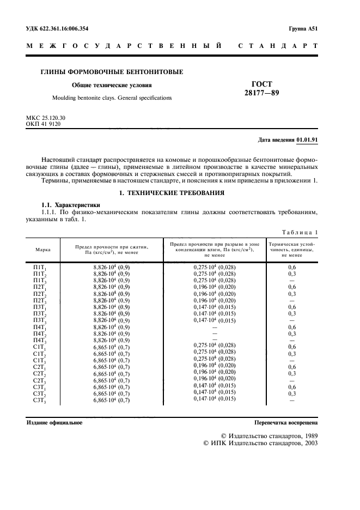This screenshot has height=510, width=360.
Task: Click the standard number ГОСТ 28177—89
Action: click(261, 88)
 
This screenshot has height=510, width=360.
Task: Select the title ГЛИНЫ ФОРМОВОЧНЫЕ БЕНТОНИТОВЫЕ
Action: click(112, 71)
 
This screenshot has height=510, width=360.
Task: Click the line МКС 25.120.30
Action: click(46, 118)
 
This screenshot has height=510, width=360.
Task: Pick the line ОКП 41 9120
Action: click(43, 124)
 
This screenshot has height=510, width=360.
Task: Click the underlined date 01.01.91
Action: click(307, 139)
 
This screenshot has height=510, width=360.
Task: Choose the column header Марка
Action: click(43, 249)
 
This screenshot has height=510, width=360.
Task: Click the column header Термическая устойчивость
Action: click(291, 249)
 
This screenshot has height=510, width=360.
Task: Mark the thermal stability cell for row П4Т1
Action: click(291, 327)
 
